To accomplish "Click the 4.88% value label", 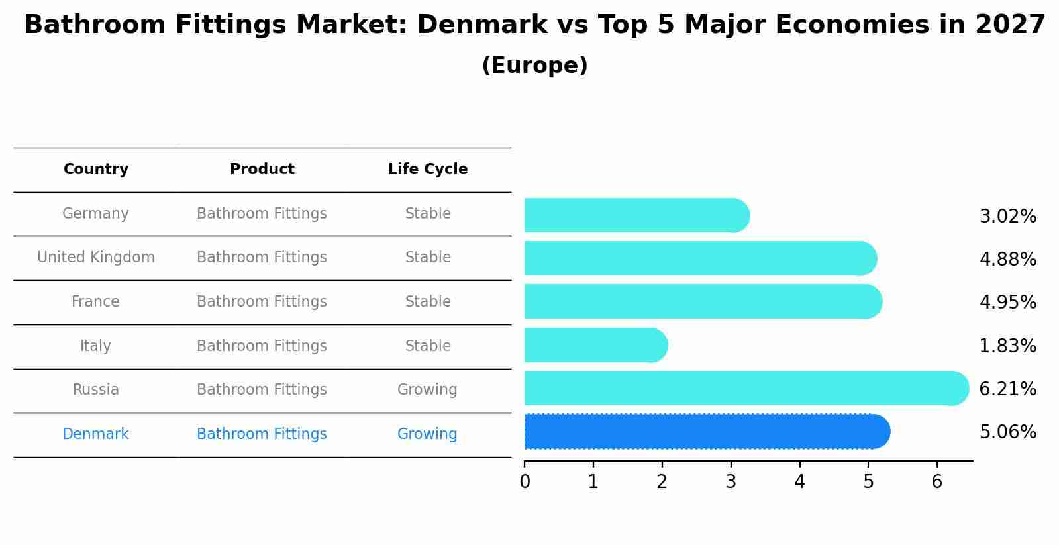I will [1007, 259].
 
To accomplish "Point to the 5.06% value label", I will [1007, 432].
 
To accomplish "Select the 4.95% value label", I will [1007, 303].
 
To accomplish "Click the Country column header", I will [96, 170].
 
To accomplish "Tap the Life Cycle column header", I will [428, 170].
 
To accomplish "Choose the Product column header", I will [262, 170].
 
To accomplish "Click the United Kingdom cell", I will [96, 258].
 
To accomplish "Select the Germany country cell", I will [95, 214].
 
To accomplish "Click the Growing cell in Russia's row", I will [427, 390].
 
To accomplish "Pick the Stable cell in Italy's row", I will [428, 346].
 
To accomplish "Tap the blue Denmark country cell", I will [95, 434].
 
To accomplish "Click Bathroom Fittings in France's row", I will [262, 302].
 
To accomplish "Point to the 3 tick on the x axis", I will [731, 482].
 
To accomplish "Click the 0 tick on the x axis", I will [525, 482].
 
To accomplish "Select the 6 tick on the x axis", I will [936, 482].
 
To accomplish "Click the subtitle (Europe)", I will [534, 66].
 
